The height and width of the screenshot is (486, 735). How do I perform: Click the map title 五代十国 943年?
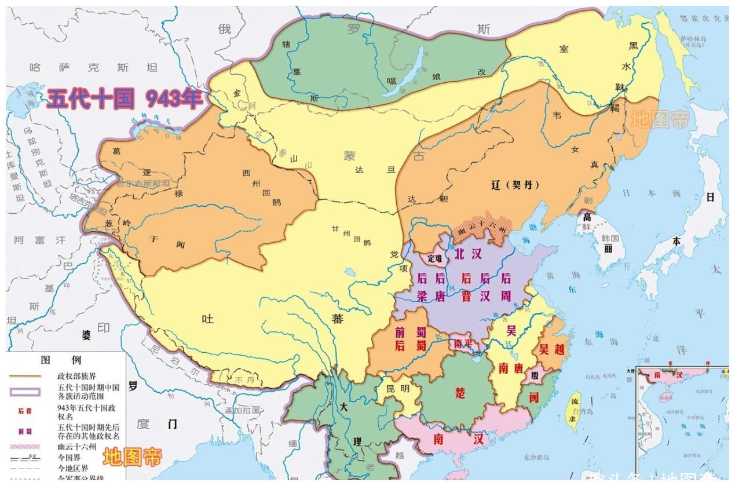[x=125, y=99]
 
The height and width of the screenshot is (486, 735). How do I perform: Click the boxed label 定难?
[x=434, y=258]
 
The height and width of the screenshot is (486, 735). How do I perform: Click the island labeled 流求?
[x=574, y=408]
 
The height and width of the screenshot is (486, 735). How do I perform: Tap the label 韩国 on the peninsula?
[x=610, y=239]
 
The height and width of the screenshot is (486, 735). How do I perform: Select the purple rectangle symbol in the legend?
[x=24, y=392]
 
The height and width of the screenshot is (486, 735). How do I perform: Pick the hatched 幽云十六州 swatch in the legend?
[x=24, y=447]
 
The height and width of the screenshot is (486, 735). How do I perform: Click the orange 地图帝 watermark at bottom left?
[x=132, y=458]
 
